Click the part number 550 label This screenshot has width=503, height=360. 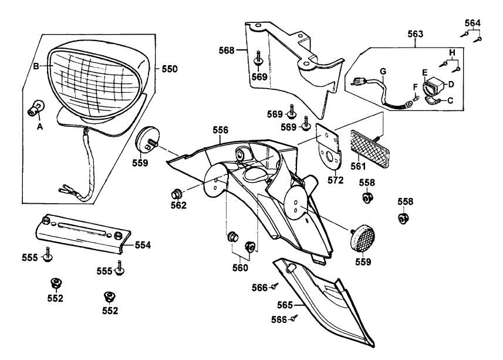[169, 69]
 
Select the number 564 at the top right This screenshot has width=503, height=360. [472, 23]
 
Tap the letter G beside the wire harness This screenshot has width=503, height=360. [382, 72]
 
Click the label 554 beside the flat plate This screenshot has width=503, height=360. [143, 244]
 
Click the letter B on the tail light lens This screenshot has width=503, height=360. [35, 66]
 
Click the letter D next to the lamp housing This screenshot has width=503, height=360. [450, 83]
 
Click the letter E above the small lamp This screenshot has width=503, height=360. [425, 71]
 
